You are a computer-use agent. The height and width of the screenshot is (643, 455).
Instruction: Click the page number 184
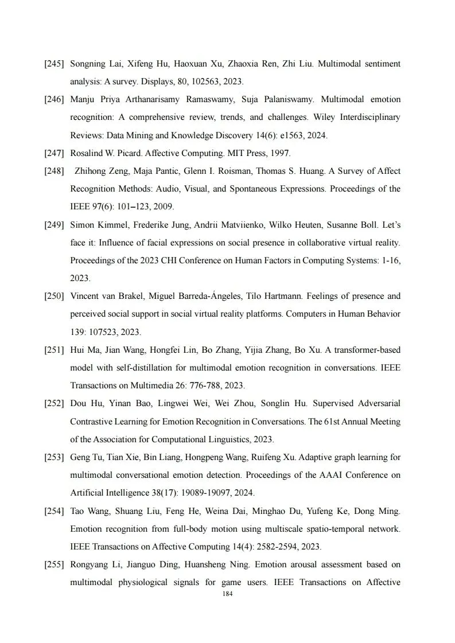pyautogui.click(x=227, y=594)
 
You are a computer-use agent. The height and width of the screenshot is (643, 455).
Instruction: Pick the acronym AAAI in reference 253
pyautogui.click(x=344, y=476)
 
